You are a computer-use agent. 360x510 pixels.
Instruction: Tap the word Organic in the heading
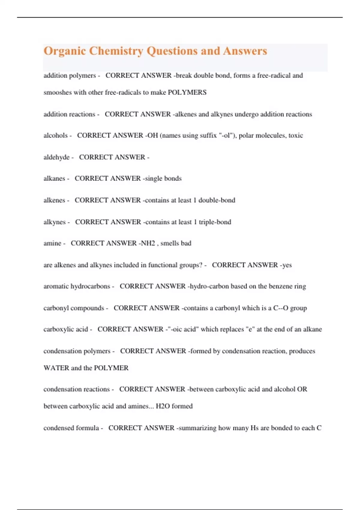pyautogui.click(x=65, y=51)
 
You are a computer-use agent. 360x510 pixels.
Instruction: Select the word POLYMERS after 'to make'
pyautogui.click(x=187, y=92)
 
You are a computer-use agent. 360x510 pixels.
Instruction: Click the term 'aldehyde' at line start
pyautogui.click(x=56, y=157)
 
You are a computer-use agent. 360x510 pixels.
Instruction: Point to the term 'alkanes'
pyautogui.click(x=54, y=178)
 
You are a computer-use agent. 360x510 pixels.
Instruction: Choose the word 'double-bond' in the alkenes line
pyautogui.click(x=217, y=200)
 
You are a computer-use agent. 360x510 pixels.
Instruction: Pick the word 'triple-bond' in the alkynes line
pyautogui.click(x=215, y=222)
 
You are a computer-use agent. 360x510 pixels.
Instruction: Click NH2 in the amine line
pyautogui.click(x=148, y=243)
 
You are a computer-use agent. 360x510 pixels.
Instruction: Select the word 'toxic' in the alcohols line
pyautogui.click(x=295, y=136)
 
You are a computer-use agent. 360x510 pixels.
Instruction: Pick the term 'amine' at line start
pyautogui.click(x=52, y=243)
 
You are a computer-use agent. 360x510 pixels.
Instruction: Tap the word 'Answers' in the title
pyautogui.click(x=245, y=51)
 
